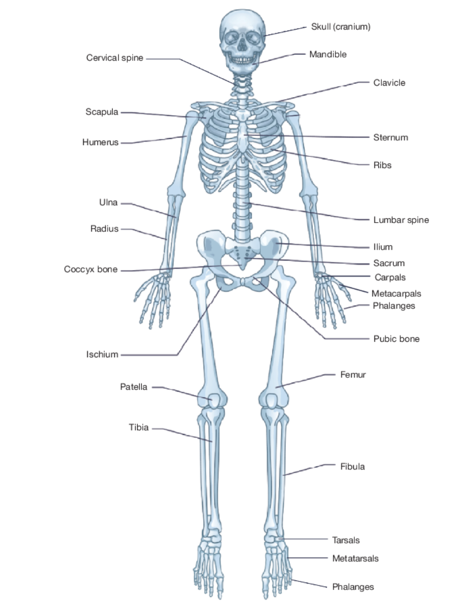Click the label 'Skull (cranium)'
coord(340,27)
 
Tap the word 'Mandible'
coord(327,54)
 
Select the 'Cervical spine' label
coord(115,58)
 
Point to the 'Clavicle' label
coord(389,83)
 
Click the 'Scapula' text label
coord(102,112)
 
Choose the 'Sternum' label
coord(390,137)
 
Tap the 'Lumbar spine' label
coord(401,220)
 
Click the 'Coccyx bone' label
coord(91,270)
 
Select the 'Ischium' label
coord(102,355)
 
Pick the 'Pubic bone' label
coord(396,339)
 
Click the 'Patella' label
coord(134,387)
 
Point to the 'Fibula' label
coord(352,466)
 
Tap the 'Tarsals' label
coord(346,540)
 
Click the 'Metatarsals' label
coord(355,558)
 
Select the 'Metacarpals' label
coord(396,294)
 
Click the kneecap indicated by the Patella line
coord(214,400)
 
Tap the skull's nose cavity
coord(242,46)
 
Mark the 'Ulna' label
coord(108,203)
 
